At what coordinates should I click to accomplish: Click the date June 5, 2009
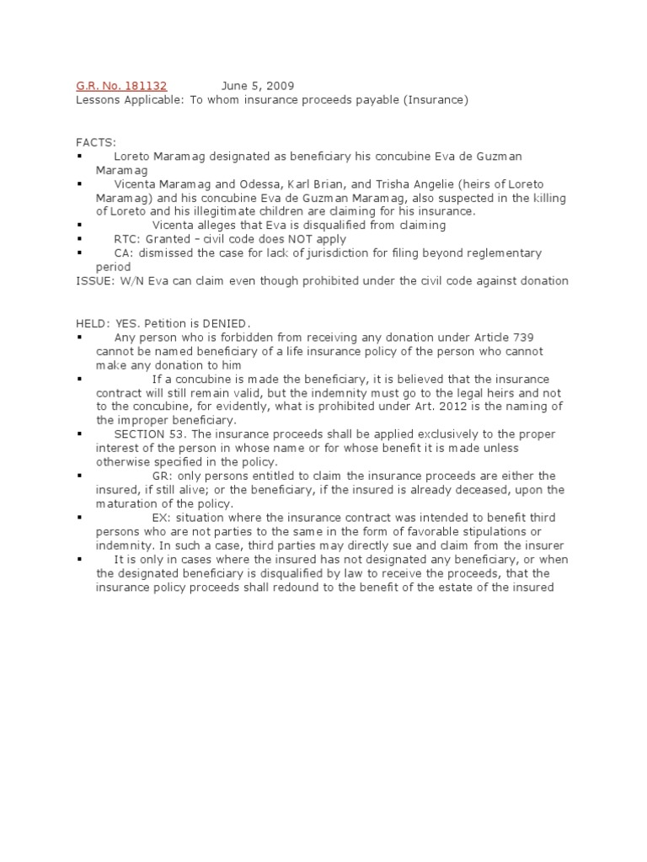(x=259, y=86)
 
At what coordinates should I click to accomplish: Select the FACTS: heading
(x=95, y=143)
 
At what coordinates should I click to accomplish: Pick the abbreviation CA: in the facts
(x=124, y=253)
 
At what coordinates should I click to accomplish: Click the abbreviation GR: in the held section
(x=163, y=476)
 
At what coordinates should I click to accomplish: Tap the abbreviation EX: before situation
(x=162, y=517)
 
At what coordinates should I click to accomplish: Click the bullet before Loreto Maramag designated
(x=80, y=157)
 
